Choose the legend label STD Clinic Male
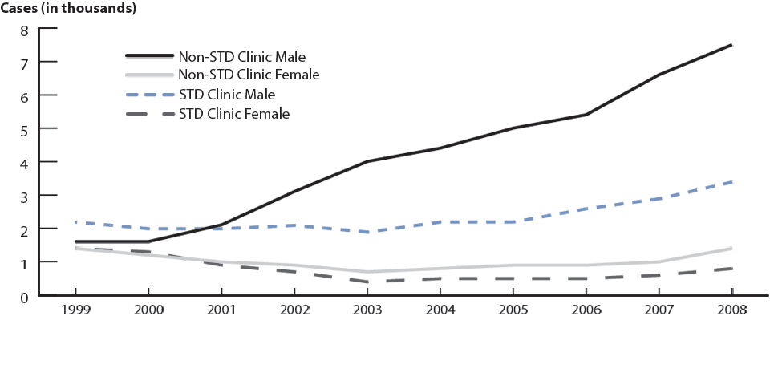(x=226, y=95)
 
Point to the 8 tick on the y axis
(x=24, y=30)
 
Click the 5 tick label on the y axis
(x=24, y=129)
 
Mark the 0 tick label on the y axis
(x=24, y=298)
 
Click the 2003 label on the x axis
(x=367, y=310)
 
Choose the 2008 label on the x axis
(x=730, y=310)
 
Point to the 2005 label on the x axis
(x=512, y=310)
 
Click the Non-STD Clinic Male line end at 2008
(x=731, y=45)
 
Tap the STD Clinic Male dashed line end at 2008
(x=731, y=182)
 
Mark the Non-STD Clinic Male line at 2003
(x=367, y=161)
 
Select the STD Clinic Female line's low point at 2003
(x=367, y=282)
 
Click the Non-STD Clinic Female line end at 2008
(x=731, y=249)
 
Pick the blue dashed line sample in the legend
(x=149, y=95)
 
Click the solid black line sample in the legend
(x=149, y=56)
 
